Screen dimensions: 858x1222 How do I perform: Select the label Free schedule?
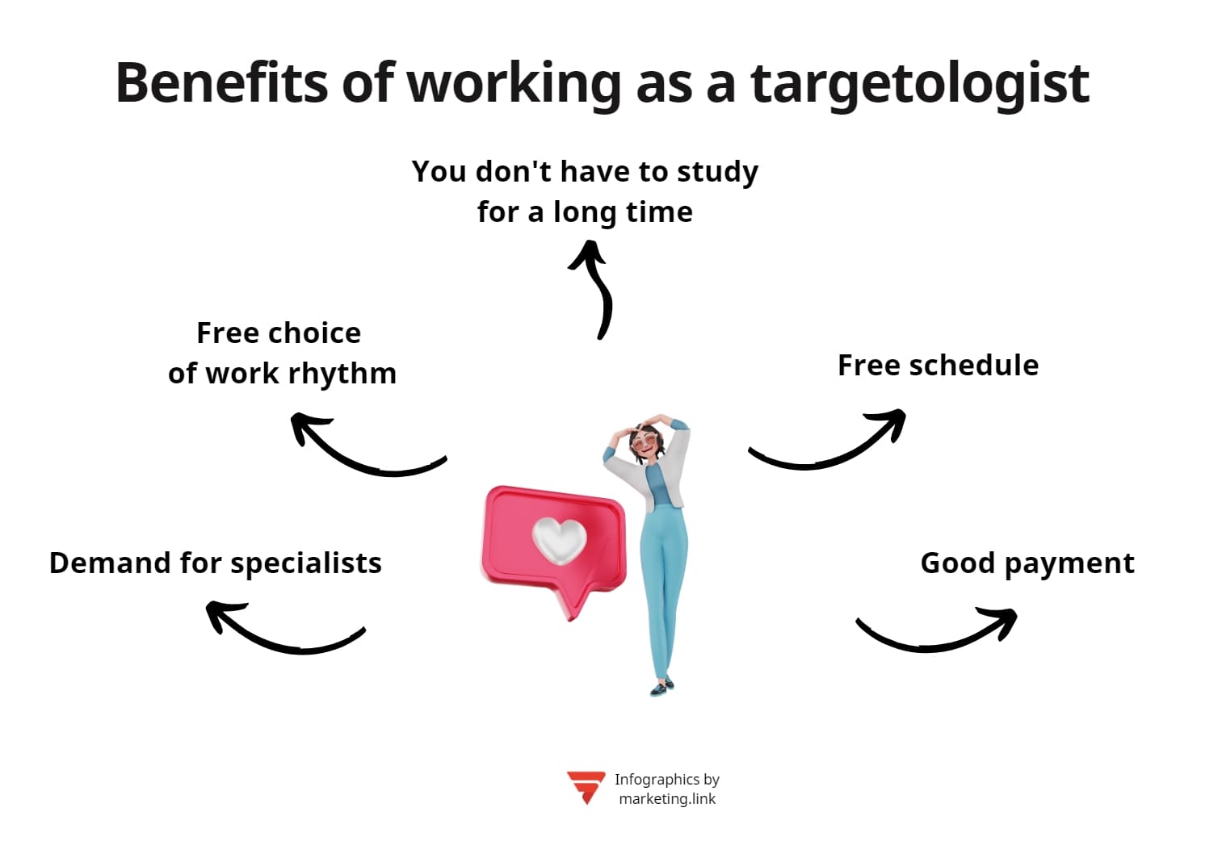[x=938, y=366]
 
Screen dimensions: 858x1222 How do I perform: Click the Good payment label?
[x=1027, y=563]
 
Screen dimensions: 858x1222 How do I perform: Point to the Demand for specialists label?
[x=216, y=563]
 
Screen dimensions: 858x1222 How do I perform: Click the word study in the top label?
[x=717, y=172]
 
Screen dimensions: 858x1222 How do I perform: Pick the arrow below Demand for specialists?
[x=283, y=630]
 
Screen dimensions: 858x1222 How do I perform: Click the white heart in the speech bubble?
[x=559, y=539]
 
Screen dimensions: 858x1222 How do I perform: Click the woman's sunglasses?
[x=645, y=442]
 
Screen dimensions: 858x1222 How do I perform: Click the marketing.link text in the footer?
[x=667, y=799]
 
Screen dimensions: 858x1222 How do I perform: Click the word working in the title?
[x=514, y=84]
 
